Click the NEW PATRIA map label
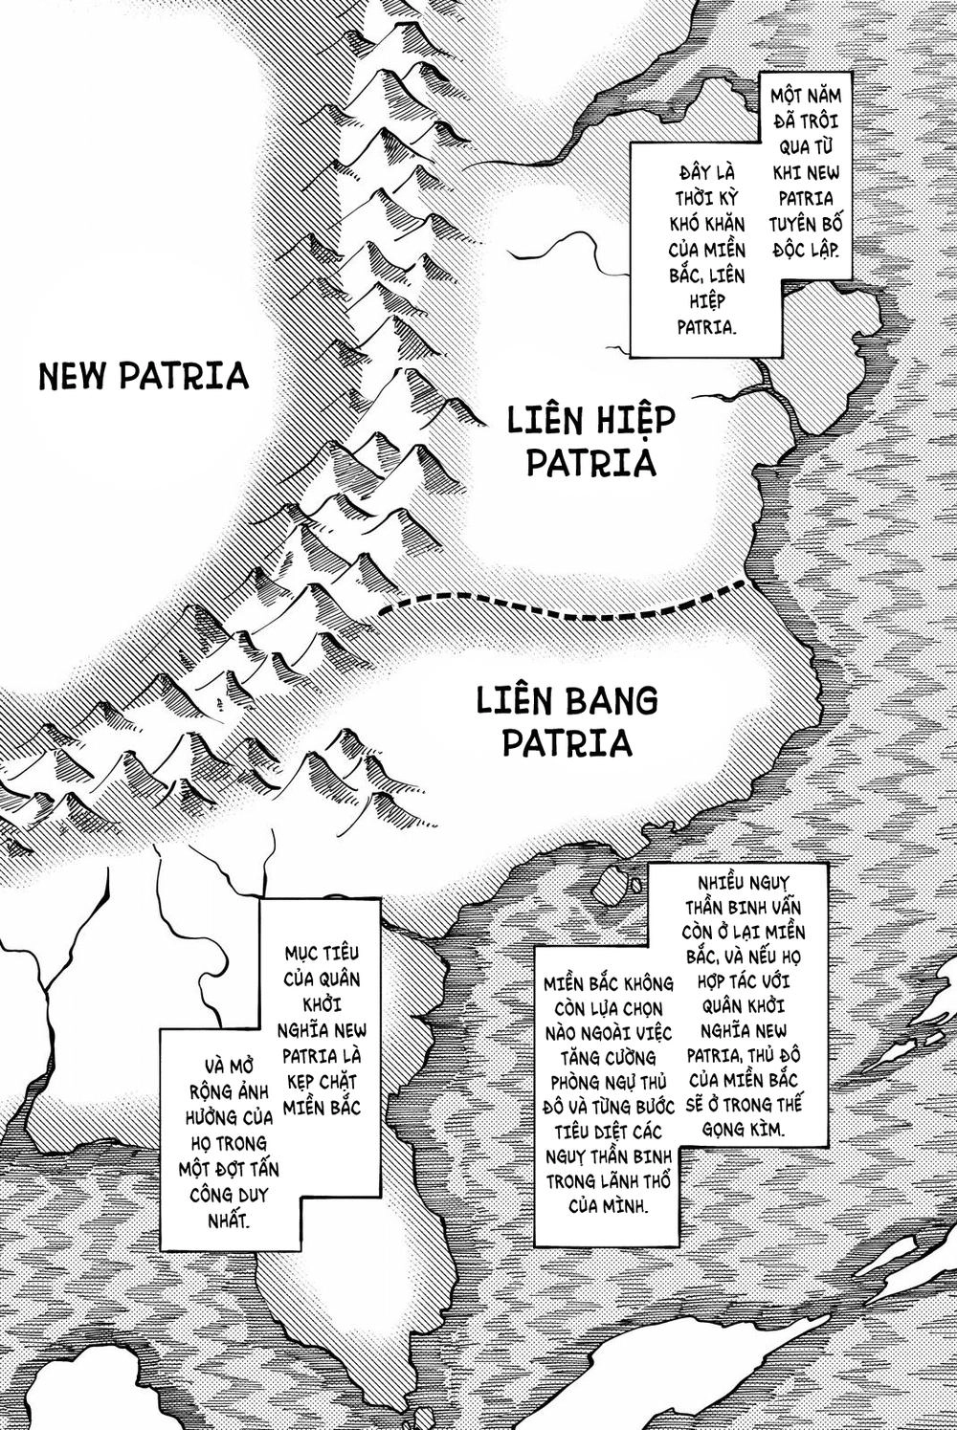pos(144,375)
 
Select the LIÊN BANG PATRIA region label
pos(568,721)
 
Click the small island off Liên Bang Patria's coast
pos(610,886)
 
